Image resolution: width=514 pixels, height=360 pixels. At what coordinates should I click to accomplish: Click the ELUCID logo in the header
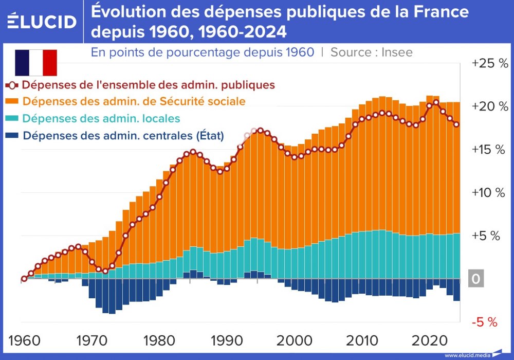coord(42,21)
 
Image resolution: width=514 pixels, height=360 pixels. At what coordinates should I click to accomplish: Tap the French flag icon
coord(35,63)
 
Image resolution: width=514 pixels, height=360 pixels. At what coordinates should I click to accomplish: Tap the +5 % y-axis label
coord(486,236)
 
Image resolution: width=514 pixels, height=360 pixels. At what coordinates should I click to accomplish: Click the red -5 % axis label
coord(484,322)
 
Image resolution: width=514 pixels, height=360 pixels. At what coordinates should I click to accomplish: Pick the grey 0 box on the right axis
coord(476,279)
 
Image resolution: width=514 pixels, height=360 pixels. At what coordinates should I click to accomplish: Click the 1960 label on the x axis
coord(25,340)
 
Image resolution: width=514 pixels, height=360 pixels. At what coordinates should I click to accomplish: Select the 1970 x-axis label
coord(91,340)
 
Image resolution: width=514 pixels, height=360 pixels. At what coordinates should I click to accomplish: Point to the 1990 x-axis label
coord(225,340)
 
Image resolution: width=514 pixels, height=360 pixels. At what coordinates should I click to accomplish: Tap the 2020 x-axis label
coord(428,340)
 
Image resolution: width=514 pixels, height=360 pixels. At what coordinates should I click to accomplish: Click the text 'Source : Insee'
coord(372,52)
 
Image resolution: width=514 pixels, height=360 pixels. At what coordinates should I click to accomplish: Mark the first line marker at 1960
coord(24,279)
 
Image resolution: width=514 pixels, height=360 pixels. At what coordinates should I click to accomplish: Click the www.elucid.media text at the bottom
coord(467,355)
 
